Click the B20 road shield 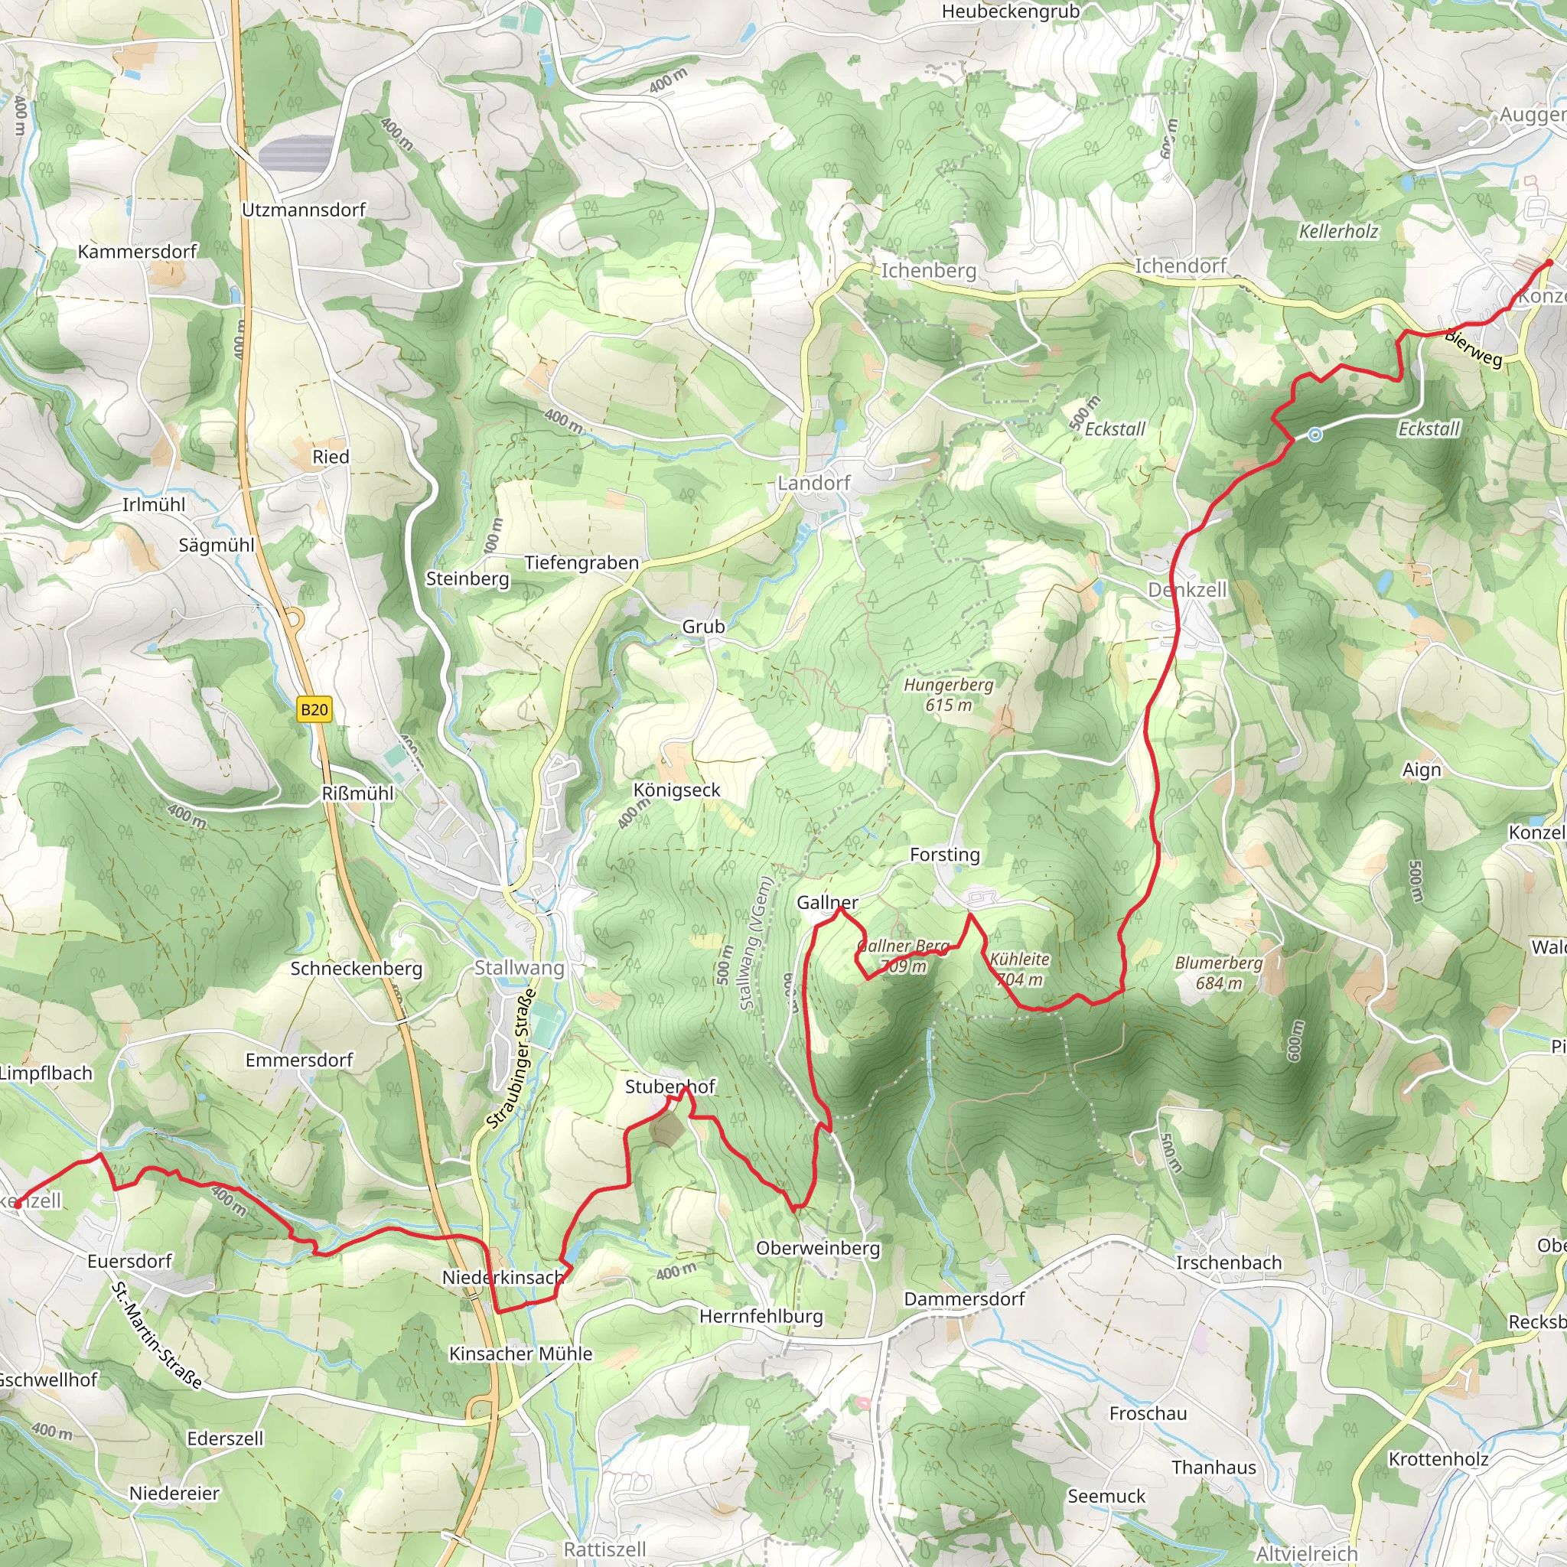tap(314, 710)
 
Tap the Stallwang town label tap(519, 968)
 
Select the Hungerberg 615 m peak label tap(948, 694)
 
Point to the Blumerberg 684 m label tap(1218, 972)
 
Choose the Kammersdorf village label tap(137, 252)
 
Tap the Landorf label tap(813, 484)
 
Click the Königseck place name tap(676, 790)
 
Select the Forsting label tap(945, 855)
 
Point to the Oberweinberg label tap(818, 1248)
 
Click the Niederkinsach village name tap(503, 1278)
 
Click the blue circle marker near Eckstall tap(1315, 435)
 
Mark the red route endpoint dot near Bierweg tap(1549, 262)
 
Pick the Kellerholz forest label tap(1338, 231)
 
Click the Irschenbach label tap(1229, 1262)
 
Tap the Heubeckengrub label tap(1011, 11)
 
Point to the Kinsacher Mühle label tap(521, 1354)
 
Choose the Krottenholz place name tap(1438, 1459)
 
